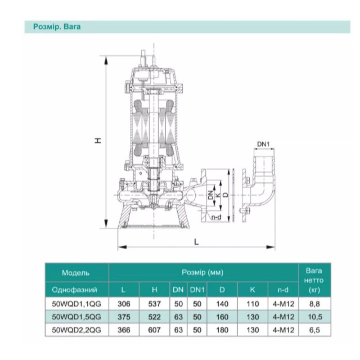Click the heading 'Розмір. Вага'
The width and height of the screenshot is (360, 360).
[x=57, y=27]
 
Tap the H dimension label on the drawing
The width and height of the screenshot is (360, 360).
[x=98, y=140]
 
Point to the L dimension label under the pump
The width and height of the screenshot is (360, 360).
[x=196, y=242]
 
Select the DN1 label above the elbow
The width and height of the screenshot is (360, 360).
[x=263, y=144]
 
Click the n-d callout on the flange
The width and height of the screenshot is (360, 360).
[x=216, y=217]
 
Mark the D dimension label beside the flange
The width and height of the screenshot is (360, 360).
[x=226, y=195]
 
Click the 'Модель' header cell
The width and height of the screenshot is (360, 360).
[x=76, y=273]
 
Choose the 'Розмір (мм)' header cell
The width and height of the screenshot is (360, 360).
[x=202, y=272]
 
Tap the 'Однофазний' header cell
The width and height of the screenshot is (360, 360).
[x=75, y=290]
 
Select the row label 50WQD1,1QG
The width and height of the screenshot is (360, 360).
[x=76, y=304]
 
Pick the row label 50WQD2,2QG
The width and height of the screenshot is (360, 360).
[x=76, y=330]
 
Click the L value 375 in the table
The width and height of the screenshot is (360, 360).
[x=124, y=317]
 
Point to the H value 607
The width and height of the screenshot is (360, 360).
[x=154, y=330]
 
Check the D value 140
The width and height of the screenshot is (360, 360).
[x=222, y=304]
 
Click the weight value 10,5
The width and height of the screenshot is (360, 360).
[x=315, y=317]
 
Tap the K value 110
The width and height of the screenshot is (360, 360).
[x=253, y=304]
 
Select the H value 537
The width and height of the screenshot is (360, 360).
[x=154, y=304]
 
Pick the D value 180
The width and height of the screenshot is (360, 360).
[x=222, y=330]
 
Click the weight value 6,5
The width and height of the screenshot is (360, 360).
[x=315, y=330]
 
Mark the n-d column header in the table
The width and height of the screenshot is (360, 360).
[x=283, y=290]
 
